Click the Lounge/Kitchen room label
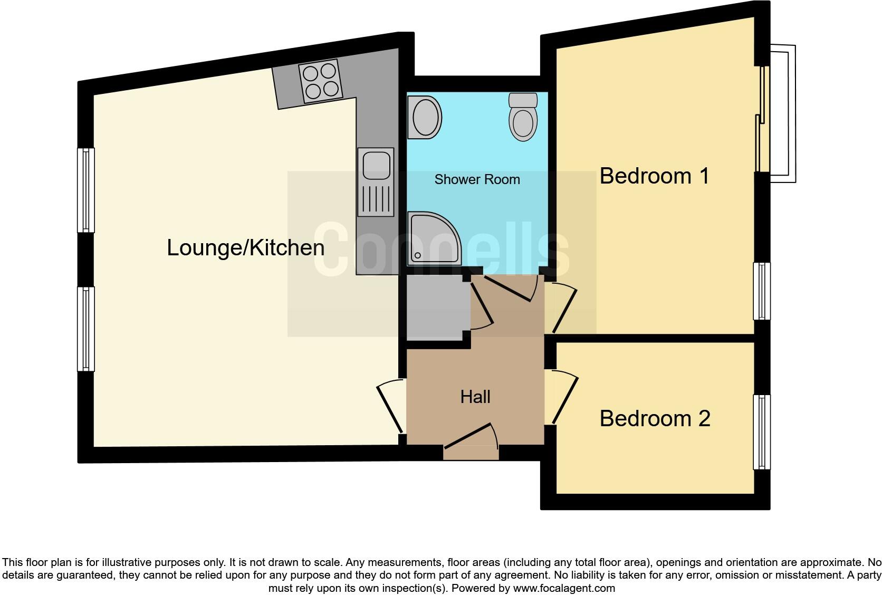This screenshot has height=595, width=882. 245,248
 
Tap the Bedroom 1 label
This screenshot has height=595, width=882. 654,176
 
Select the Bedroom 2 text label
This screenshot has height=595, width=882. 655,418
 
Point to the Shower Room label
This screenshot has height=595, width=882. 477,179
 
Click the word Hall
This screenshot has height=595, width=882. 475,397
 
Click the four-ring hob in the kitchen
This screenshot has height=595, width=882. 320,82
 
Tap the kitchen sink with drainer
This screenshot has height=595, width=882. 376,182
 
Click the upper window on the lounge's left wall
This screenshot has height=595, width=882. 85,190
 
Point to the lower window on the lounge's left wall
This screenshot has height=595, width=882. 85,329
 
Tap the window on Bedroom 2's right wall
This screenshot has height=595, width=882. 762,431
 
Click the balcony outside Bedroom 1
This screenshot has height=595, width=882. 781,113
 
